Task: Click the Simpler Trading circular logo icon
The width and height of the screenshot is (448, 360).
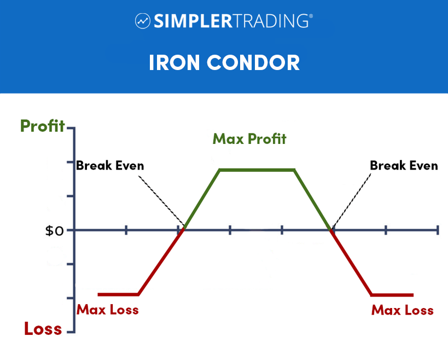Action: (143, 21)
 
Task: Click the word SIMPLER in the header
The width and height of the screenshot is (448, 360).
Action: (193, 21)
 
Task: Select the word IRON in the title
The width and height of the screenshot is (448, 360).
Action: (174, 62)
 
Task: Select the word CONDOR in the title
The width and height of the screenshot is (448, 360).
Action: (253, 62)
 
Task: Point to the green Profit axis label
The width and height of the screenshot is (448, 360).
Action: (43, 126)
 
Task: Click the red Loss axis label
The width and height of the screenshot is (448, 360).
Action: (43, 328)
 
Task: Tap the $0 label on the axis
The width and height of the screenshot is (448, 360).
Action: (54, 230)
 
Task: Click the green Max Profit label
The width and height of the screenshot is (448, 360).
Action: (249, 139)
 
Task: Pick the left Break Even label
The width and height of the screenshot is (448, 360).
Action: (110, 165)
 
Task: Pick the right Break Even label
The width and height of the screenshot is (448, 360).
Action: (404, 165)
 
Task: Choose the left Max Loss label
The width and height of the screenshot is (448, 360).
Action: (107, 310)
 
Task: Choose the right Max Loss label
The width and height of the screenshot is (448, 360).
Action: (402, 310)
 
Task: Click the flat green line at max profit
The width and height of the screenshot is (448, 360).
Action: (257, 170)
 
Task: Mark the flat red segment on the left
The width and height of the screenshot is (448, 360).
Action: (118, 294)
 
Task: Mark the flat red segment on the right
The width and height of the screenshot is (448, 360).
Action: (392, 295)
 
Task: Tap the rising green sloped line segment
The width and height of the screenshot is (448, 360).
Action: (202, 200)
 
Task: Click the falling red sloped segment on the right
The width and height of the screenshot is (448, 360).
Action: (351, 262)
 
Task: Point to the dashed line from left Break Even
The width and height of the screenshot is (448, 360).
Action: (161, 201)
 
